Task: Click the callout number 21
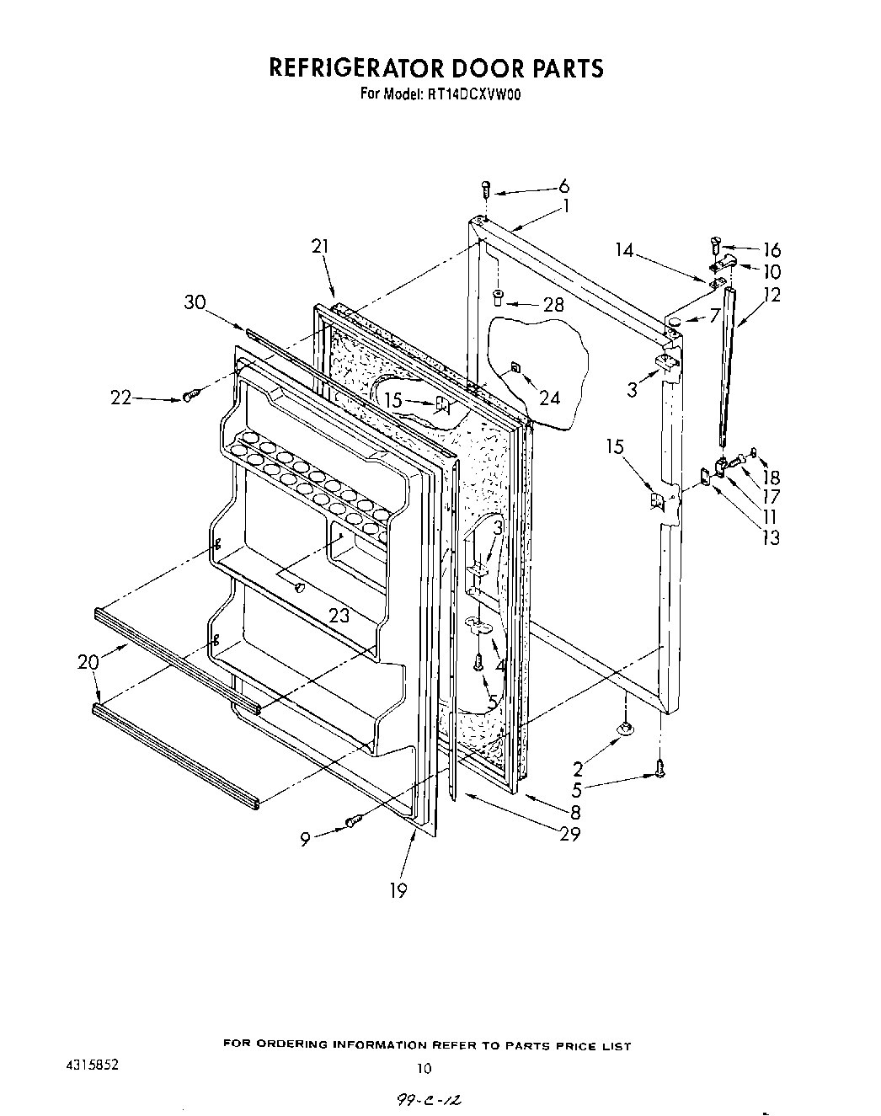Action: tap(319, 246)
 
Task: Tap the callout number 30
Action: tap(195, 302)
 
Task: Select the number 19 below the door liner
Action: tap(398, 890)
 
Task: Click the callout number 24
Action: tap(549, 397)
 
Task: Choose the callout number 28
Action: tap(553, 304)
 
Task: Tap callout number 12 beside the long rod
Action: tap(771, 294)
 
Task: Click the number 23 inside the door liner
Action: tap(339, 616)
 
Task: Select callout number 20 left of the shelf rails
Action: tap(88, 662)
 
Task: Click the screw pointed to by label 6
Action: tap(486, 190)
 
